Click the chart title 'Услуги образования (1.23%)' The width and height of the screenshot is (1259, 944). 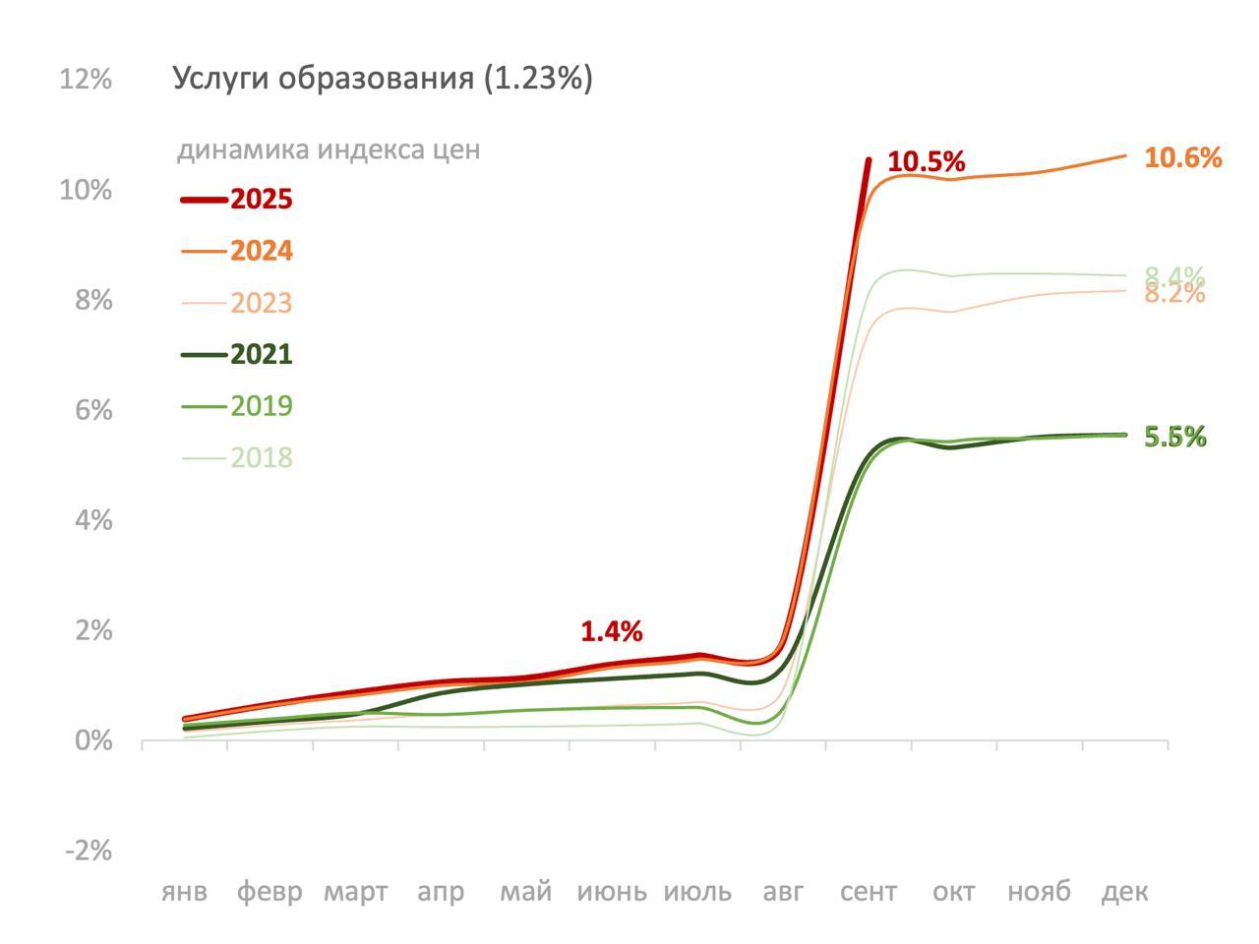pos(383,79)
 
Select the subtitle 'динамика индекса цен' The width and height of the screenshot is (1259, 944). pos(329,150)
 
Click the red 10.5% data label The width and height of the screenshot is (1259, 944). pos(927,162)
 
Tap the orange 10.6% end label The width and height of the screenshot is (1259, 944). pos(1183,157)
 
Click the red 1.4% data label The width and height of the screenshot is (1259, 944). pos(611,631)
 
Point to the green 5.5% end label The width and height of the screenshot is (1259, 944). pos(1175,439)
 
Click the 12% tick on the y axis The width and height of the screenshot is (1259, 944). pos(86,80)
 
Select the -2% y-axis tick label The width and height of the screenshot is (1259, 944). pos(89,851)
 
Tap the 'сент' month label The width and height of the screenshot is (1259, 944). pos(869,892)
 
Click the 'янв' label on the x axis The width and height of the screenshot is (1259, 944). pos(185,892)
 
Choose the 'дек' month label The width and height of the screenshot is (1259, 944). pos(1124,892)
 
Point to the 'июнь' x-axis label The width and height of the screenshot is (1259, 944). pos(612,892)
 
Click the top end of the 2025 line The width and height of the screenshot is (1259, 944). pos(869,159)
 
